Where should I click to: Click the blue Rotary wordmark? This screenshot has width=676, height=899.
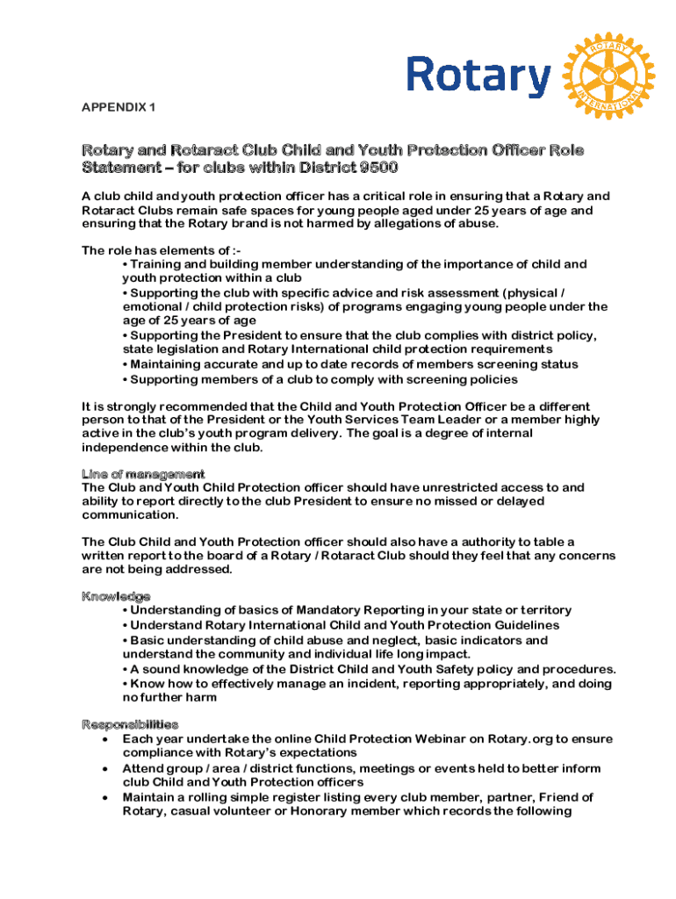[478, 76]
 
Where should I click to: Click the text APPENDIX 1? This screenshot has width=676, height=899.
[119, 107]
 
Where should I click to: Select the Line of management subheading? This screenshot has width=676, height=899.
[143, 474]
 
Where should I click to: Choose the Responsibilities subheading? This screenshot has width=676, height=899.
[130, 725]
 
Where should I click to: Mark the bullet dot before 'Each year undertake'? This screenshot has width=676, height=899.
[106, 739]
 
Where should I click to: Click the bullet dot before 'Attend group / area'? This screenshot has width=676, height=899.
[106, 769]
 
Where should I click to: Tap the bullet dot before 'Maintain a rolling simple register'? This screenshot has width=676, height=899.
[106, 798]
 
